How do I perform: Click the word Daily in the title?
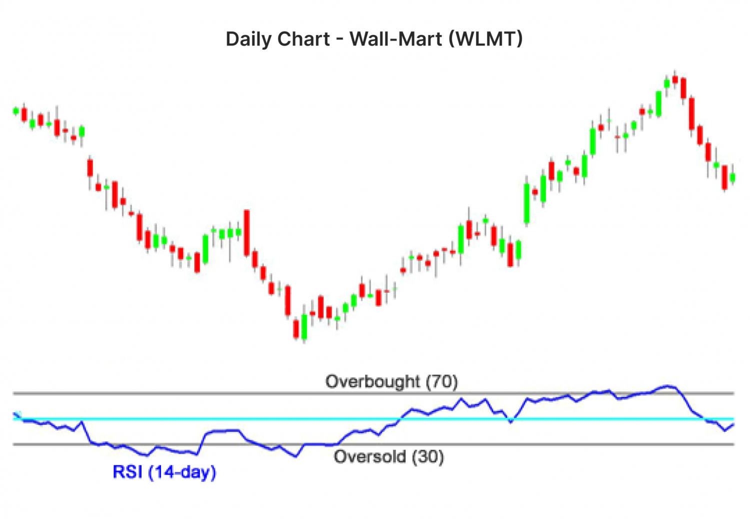coord(246,39)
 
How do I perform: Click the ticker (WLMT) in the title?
coord(485,39)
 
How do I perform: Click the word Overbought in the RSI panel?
coord(372,382)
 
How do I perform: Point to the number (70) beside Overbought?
coord(442,382)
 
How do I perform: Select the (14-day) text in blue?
coord(182,471)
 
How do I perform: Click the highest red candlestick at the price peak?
coord(675,79)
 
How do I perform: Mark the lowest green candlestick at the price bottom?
coord(304,327)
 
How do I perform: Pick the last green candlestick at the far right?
coord(732,178)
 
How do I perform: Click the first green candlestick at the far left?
coord(16,111)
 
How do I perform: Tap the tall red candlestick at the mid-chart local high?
coord(246,233)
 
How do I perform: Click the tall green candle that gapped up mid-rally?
coord(526,203)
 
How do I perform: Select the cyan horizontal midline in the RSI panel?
coord(350,419)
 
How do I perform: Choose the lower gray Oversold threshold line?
coord(550,444)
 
